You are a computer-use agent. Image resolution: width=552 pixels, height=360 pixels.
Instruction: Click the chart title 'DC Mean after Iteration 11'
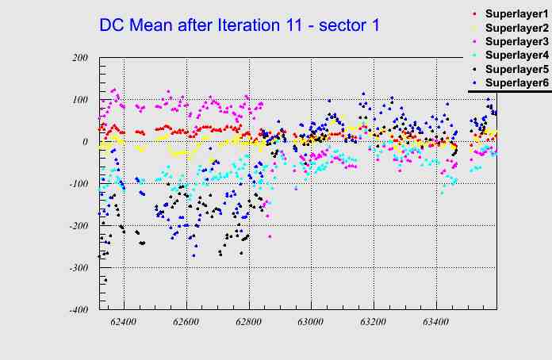click(x=240, y=25)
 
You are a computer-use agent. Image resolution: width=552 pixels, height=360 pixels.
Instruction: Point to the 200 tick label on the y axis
click(x=79, y=58)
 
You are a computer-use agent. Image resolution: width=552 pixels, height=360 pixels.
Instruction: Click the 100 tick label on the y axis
click(x=79, y=100)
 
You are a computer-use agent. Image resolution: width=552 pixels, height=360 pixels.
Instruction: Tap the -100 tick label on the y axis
click(x=78, y=184)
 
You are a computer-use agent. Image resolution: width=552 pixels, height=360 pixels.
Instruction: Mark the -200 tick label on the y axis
click(x=78, y=226)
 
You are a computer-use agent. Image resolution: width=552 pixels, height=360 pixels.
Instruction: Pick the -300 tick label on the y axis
click(x=78, y=268)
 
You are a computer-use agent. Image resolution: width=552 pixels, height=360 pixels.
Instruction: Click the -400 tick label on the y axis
click(x=78, y=310)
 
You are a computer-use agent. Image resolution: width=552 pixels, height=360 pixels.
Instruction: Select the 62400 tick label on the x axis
click(x=124, y=324)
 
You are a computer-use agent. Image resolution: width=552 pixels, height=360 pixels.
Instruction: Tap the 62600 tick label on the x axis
click(x=186, y=324)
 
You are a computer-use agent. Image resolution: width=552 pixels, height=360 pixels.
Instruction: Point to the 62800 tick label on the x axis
click(x=249, y=324)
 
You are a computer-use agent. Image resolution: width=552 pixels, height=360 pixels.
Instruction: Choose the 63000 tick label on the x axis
click(x=311, y=324)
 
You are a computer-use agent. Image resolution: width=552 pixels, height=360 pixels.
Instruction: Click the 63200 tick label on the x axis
click(x=374, y=324)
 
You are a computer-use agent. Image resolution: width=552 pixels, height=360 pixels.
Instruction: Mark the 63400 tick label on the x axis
click(x=436, y=324)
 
